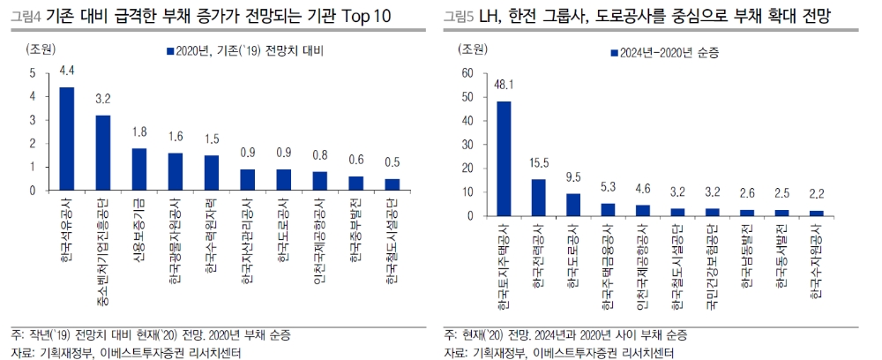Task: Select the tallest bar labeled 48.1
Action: (x=504, y=159)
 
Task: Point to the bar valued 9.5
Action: (x=572, y=205)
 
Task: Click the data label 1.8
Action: (x=139, y=133)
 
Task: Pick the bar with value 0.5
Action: (x=391, y=184)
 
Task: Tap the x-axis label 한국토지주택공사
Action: (x=504, y=265)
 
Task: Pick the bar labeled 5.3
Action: (x=607, y=210)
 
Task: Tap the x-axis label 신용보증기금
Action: (x=139, y=230)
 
